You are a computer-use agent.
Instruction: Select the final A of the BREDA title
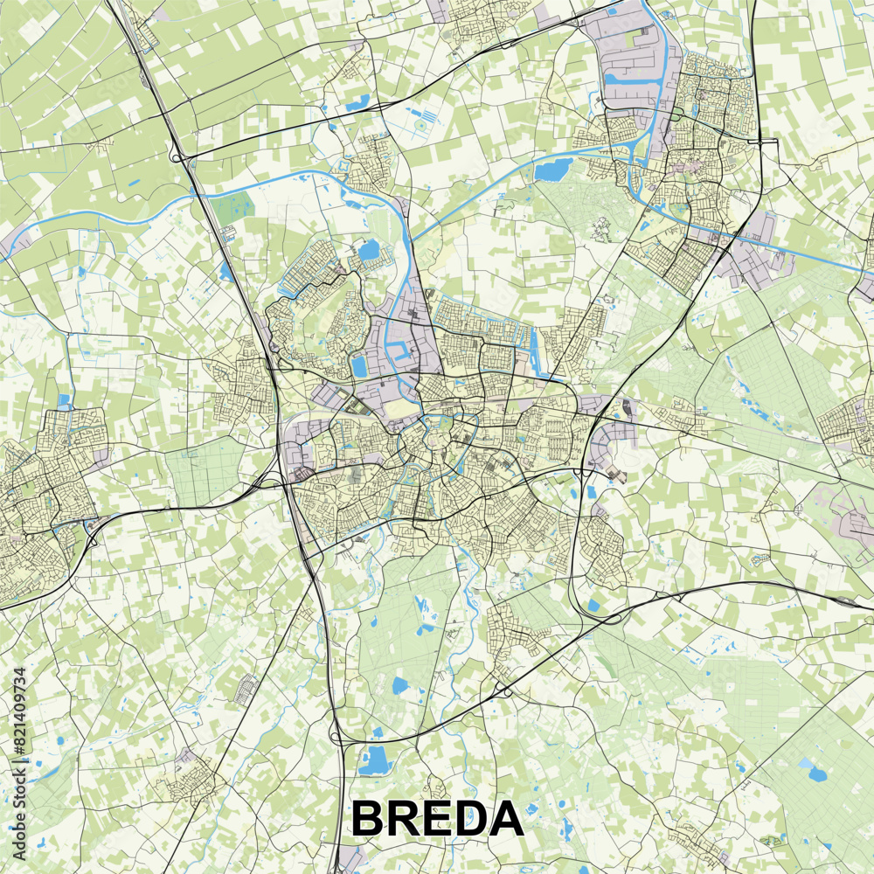click(506, 819)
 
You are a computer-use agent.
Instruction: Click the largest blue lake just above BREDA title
click(376, 760)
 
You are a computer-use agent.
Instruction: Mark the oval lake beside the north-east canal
click(551, 170)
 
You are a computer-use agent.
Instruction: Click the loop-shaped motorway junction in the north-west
click(178, 157)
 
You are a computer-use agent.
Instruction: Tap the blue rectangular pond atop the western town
click(65, 401)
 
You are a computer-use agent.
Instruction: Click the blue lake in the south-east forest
click(817, 773)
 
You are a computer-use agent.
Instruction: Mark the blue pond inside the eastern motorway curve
click(594, 605)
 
